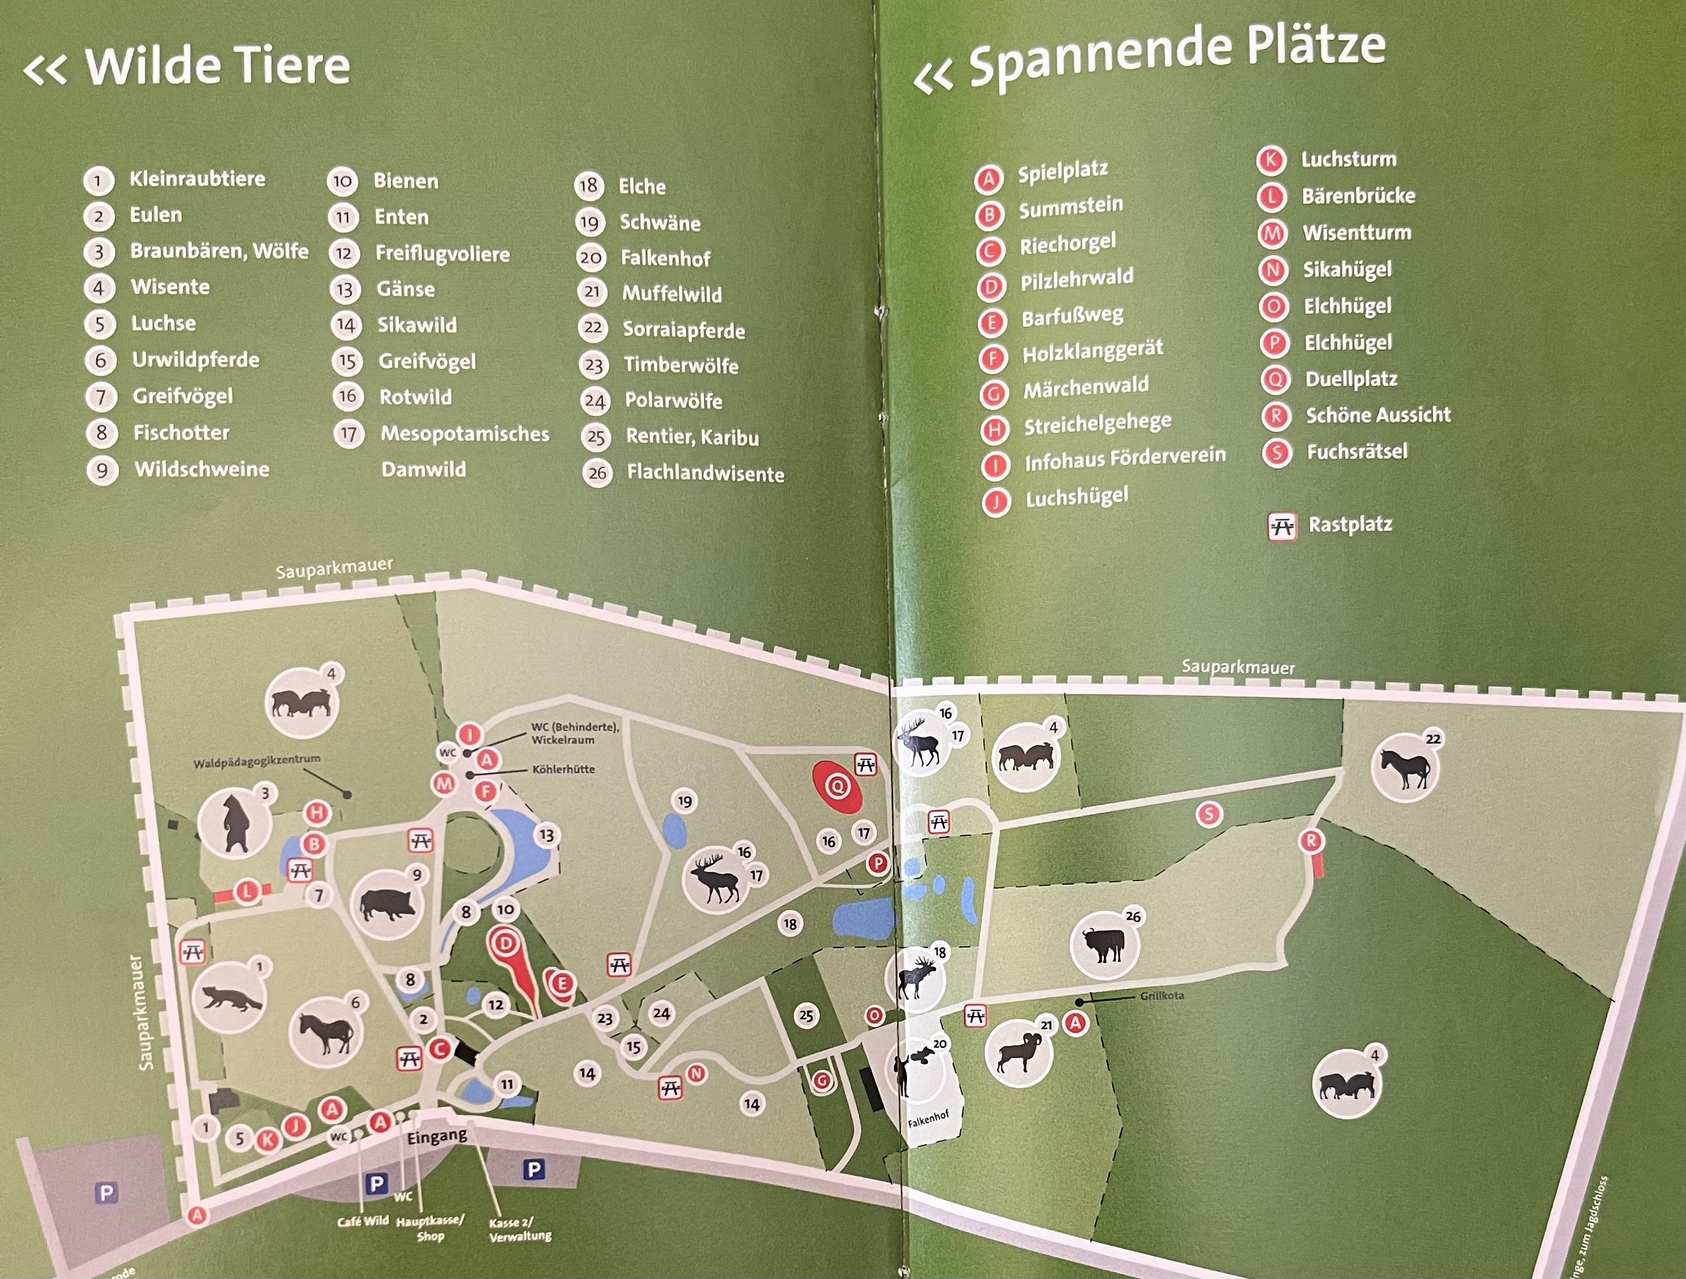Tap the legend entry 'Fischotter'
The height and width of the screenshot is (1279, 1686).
[x=181, y=433]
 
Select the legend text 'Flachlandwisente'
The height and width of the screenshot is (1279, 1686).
[x=705, y=473]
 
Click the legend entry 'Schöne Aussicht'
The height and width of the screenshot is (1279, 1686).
[x=1378, y=415]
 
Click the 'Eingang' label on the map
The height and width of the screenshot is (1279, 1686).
[x=437, y=1136]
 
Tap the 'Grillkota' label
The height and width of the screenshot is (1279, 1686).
[x=1162, y=995]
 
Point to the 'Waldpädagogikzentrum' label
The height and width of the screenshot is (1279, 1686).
[x=257, y=761]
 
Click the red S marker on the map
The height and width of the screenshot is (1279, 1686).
[x=1208, y=814]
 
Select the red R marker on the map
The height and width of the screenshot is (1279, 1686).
[x=1311, y=841]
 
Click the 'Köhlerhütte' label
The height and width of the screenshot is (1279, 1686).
[x=563, y=769]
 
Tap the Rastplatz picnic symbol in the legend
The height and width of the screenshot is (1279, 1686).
[x=1282, y=526]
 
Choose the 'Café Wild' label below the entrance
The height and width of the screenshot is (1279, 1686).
[x=363, y=1220]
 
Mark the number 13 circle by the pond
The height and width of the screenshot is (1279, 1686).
[x=547, y=835]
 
